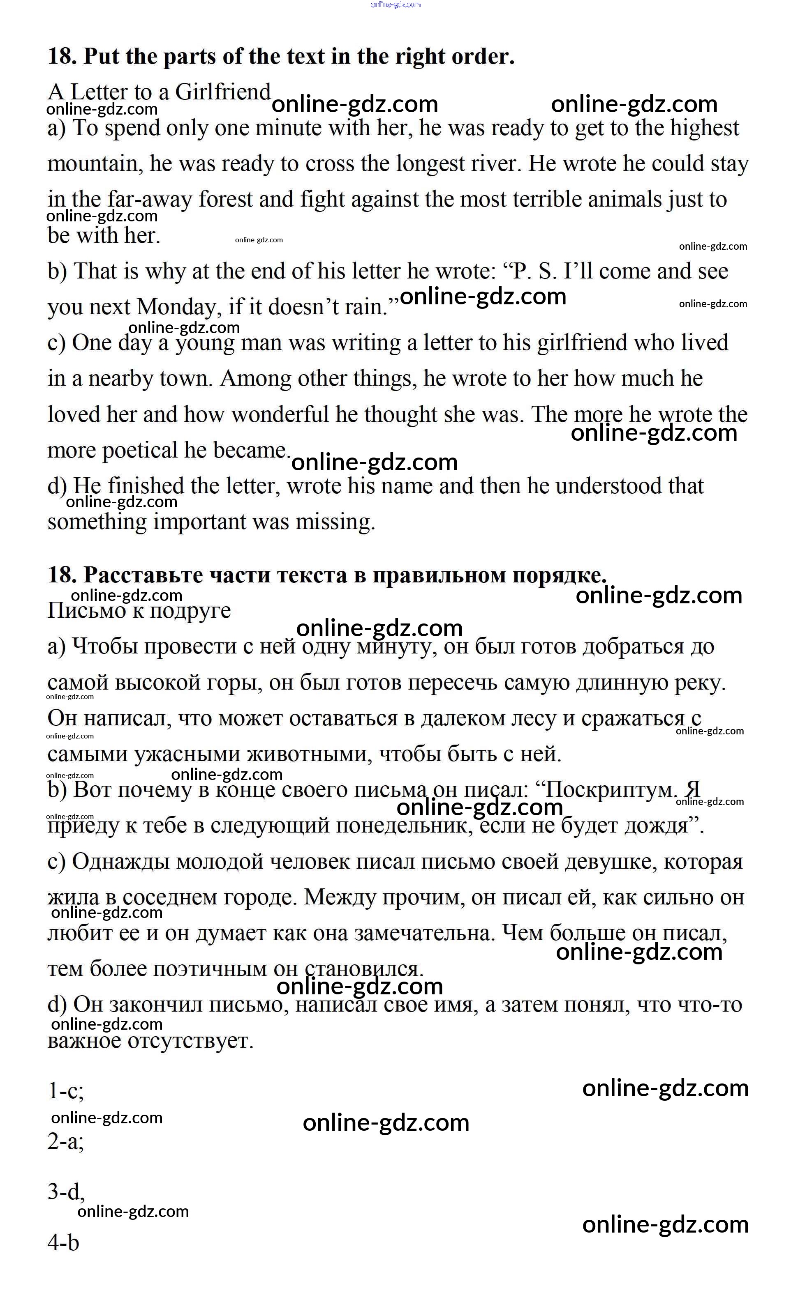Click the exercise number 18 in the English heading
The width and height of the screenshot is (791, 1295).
point(62,56)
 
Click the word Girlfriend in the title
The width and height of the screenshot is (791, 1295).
point(222,92)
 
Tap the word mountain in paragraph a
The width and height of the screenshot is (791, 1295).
point(93,163)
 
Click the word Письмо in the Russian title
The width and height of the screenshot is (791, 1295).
point(85,611)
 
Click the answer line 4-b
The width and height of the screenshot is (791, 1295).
point(63,1243)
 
